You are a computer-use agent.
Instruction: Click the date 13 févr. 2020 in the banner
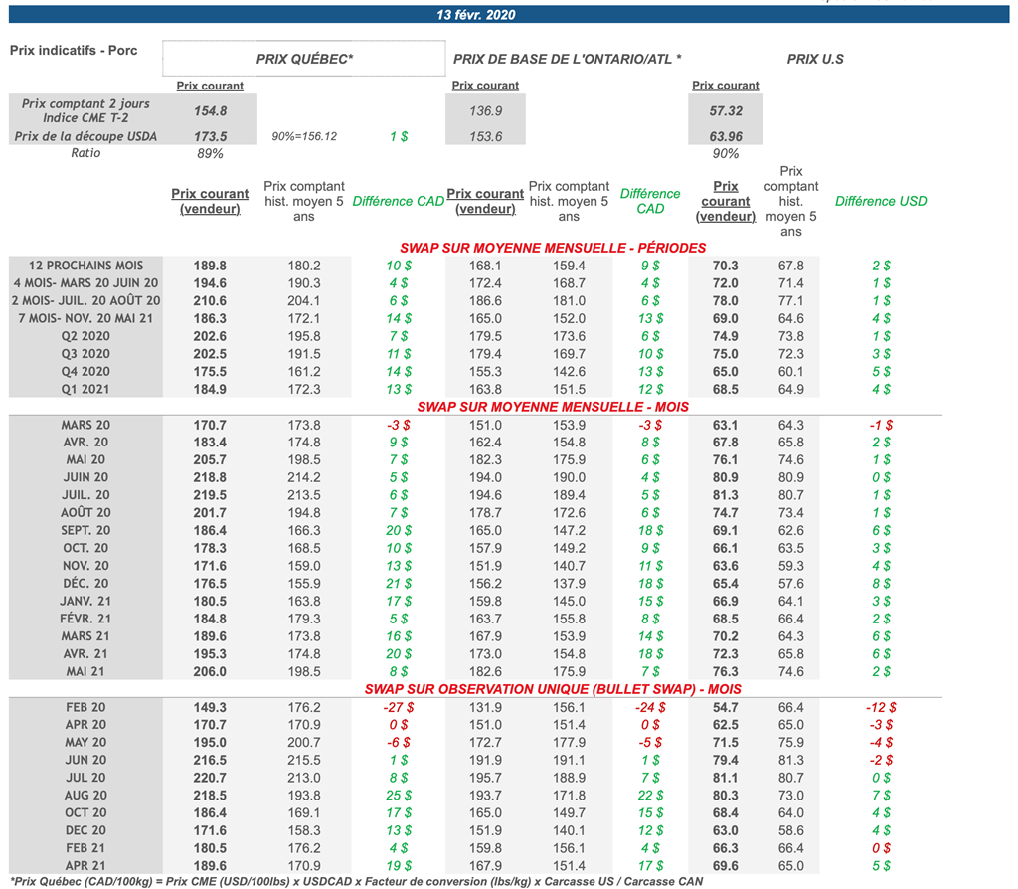coord(476,14)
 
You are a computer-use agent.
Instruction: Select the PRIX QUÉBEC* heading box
coord(304,59)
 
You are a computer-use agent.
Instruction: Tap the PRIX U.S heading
coord(815,59)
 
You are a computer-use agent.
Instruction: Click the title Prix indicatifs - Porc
coord(74,50)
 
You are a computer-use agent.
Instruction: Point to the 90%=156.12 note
coord(304,136)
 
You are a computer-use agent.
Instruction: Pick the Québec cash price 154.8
coord(211,111)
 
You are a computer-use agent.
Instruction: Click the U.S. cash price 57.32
coord(726,111)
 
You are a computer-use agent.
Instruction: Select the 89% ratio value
coord(210,154)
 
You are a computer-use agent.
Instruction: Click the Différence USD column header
coord(881,201)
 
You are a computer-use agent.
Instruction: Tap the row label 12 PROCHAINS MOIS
coord(85,266)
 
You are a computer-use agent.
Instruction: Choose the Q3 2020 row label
coord(85,354)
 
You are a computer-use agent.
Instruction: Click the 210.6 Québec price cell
coord(210,300)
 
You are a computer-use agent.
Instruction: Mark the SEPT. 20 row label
coord(85,531)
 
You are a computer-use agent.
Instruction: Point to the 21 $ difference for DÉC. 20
coord(399,583)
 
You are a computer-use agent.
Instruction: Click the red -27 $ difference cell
coord(399,707)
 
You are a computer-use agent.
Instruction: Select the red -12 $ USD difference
coord(881,707)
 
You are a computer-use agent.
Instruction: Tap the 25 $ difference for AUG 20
coord(399,795)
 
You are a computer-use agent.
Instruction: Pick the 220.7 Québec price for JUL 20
coord(210,778)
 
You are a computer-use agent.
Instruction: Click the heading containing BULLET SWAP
coord(553,689)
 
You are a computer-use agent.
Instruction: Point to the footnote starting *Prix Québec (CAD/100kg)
coord(357,881)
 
